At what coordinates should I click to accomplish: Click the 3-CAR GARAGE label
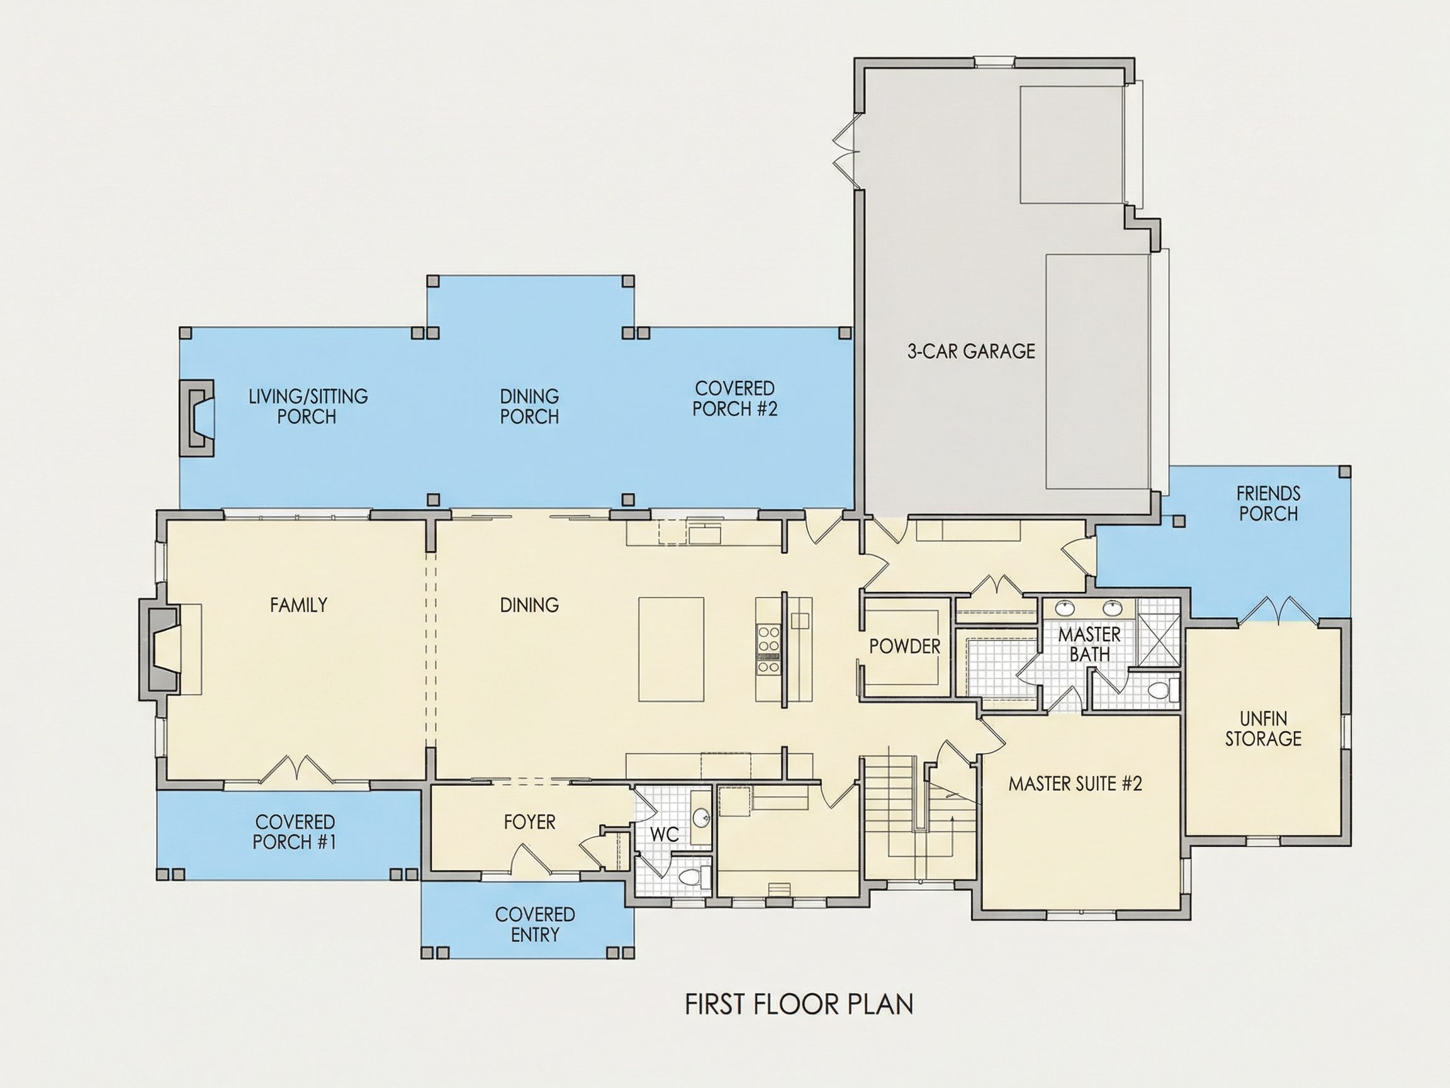[971, 351]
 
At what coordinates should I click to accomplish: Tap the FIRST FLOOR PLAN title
[799, 1005]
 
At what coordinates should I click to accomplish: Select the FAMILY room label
[298, 604]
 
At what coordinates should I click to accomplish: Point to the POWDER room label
[904, 647]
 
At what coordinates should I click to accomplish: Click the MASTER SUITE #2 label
[1075, 784]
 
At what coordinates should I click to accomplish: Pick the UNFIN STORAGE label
[1263, 728]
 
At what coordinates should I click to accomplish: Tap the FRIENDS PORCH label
[1268, 504]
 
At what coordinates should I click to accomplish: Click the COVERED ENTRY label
[535, 924]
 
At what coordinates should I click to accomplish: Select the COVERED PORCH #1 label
[295, 832]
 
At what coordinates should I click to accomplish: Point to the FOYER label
[530, 822]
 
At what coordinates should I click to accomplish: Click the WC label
[664, 835]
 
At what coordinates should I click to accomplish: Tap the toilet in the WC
[694, 876]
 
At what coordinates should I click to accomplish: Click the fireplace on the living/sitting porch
[198, 417]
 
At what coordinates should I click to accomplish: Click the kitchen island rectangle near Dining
[672, 649]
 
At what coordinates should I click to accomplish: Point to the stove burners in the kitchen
[769, 649]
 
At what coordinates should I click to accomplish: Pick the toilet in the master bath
[1163, 690]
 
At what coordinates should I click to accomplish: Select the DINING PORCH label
[529, 407]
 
